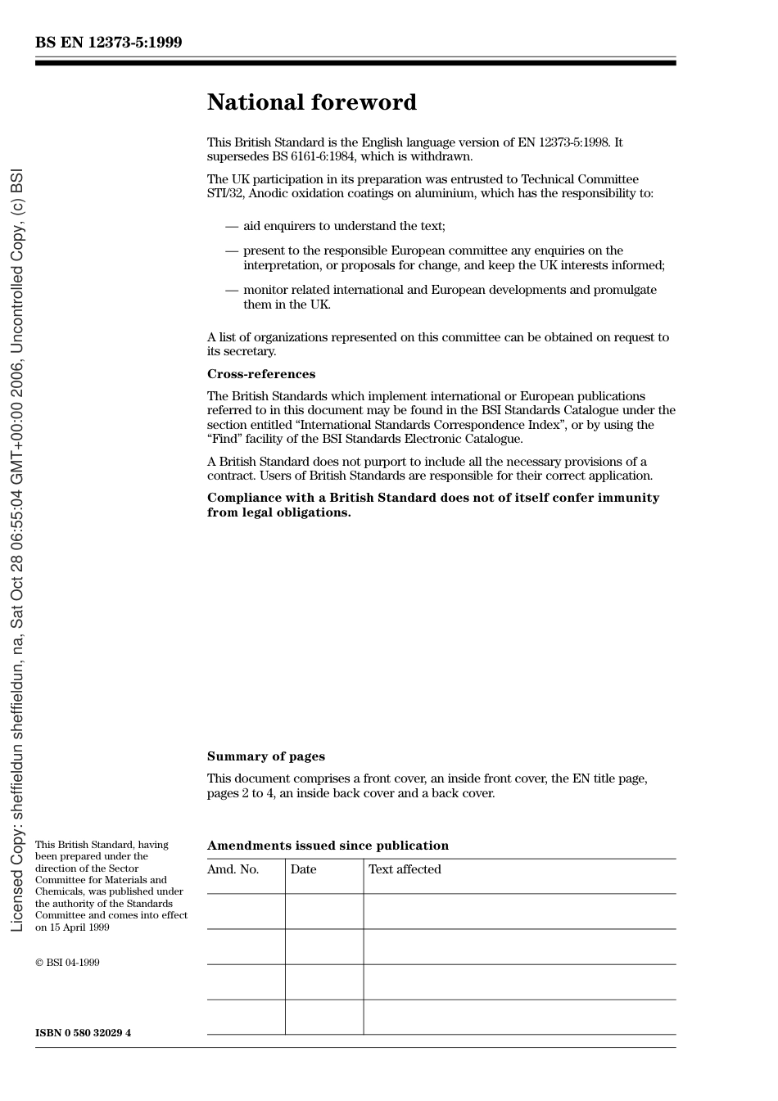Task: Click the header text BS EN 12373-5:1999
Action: click(108, 43)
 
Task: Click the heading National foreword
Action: click(311, 102)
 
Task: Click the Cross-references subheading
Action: click(260, 374)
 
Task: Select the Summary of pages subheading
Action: click(265, 756)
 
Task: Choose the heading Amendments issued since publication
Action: click(328, 846)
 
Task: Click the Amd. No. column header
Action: click(233, 869)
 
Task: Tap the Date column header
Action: click(303, 869)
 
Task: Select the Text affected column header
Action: click(405, 869)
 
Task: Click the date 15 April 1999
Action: click(79, 927)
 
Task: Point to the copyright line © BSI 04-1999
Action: click(67, 963)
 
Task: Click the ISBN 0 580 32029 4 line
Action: click(83, 1032)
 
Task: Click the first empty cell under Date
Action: click(324, 911)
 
